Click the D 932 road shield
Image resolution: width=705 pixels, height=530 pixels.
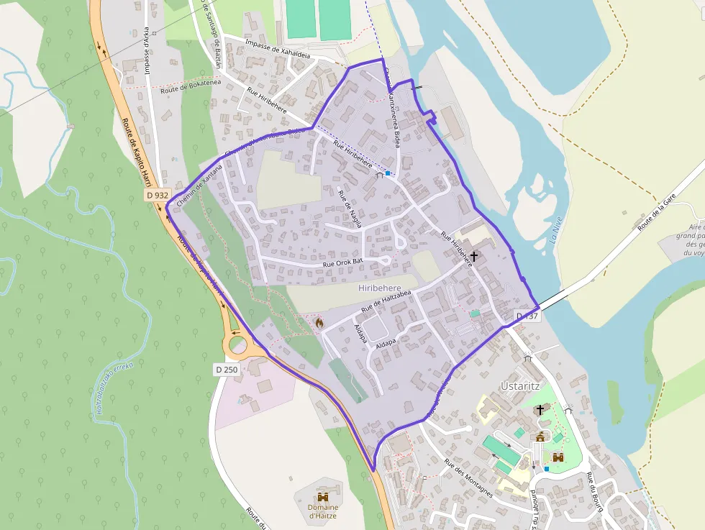157,195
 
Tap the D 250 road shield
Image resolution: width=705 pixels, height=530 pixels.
227,369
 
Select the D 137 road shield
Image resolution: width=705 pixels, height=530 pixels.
527,316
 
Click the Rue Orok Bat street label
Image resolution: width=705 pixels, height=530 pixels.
344,264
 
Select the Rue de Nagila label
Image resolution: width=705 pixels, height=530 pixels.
350,209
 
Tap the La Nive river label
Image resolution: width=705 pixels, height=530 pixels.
554,230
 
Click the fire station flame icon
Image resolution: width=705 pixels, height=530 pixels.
319,323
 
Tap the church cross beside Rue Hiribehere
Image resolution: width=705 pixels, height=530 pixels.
474,256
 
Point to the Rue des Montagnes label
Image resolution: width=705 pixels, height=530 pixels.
468,477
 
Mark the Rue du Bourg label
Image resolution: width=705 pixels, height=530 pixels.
593,493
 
